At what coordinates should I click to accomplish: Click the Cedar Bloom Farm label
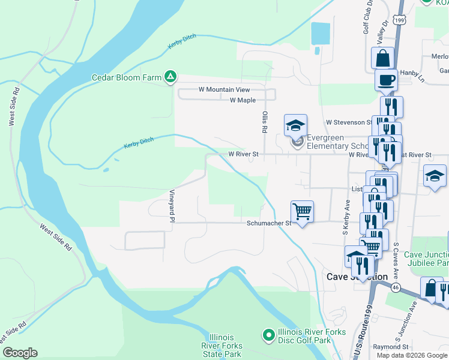[x=127, y=77]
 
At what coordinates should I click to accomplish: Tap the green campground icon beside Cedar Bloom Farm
[x=171, y=76]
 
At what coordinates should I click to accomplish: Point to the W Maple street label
[x=243, y=100]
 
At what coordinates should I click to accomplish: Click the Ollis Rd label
[x=264, y=121]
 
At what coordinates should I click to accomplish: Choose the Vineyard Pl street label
[x=171, y=206]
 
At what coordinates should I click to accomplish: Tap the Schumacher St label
[x=268, y=223]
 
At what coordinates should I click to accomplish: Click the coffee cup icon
[x=386, y=79]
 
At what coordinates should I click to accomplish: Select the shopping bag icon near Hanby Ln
[x=383, y=58]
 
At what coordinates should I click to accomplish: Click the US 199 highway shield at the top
[x=400, y=20]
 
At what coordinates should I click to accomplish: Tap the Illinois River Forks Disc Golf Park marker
[x=268, y=334]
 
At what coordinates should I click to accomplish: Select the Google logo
[x=20, y=353]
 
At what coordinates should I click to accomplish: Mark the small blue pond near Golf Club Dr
[x=321, y=33]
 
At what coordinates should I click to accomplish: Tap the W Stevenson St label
[x=349, y=122]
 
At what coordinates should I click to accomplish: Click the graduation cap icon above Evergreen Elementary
[x=295, y=125]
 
